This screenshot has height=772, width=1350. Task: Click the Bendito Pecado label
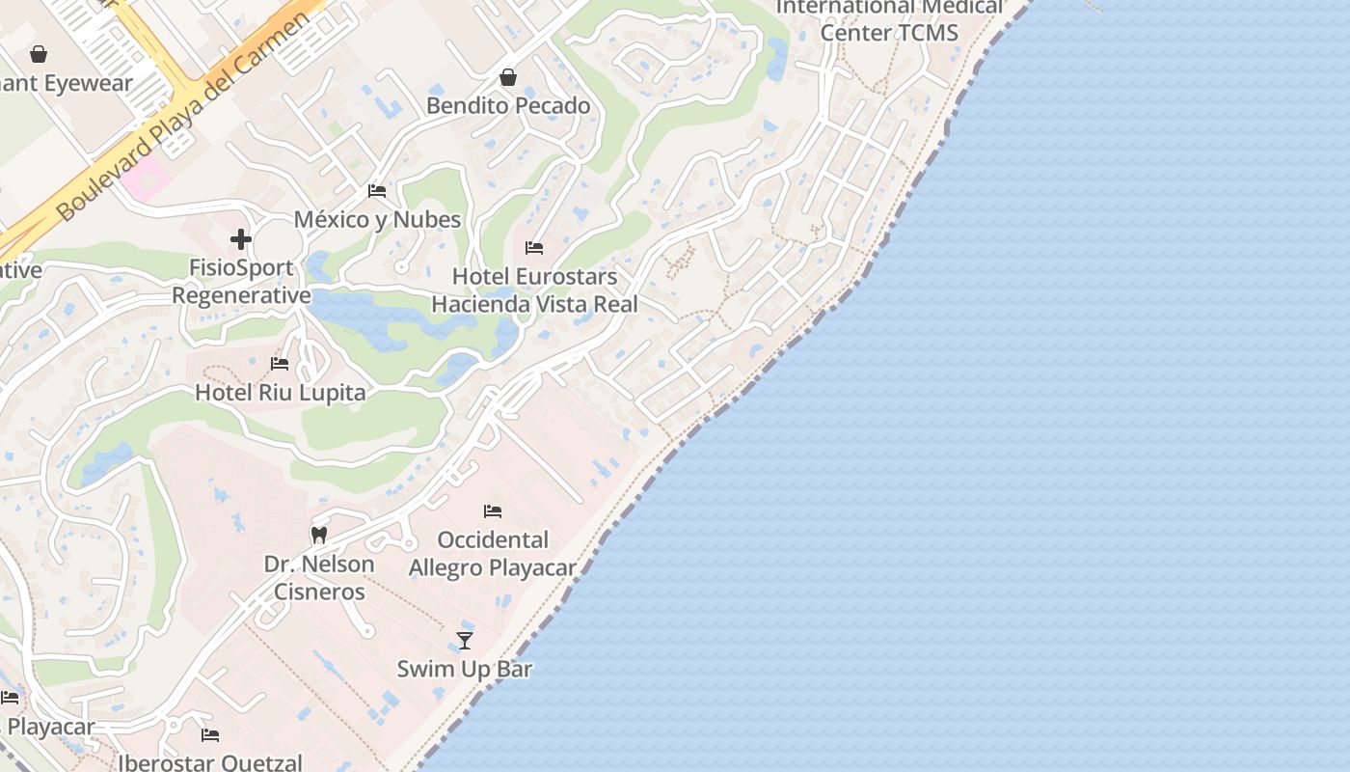(x=508, y=105)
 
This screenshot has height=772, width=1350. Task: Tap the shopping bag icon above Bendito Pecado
(x=508, y=77)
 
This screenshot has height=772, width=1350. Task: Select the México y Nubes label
(x=377, y=219)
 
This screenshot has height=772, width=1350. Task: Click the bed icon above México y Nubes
(x=377, y=191)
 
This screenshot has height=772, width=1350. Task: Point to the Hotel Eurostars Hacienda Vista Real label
(x=534, y=290)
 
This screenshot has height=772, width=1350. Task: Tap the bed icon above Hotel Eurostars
(x=534, y=248)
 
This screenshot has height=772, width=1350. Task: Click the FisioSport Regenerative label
(x=241, y=281)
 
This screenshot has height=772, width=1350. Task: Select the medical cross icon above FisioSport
(x=241, y=238)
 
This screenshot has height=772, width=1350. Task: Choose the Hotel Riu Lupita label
(x=280, y=393)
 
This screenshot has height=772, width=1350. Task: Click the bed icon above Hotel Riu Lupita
(x=280, y=364)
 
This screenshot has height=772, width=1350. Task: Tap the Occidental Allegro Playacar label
(x=493, y=553)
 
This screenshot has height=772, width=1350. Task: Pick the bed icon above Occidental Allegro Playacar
(x=493, y=510)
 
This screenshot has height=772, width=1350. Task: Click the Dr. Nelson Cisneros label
(x=319, y=577)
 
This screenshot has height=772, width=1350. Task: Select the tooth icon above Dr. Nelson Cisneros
(x=319, y=535)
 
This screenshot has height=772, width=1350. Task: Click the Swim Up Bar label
(x=465, y=669)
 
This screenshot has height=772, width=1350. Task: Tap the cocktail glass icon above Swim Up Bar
(x=465, y=640)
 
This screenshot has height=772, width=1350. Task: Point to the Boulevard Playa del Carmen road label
(x=188, y=116)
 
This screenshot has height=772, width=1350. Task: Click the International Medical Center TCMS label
(x=889, y=20)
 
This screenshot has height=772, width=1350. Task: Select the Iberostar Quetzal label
(x=210, y=762)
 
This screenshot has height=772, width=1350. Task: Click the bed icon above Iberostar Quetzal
(x=210, y=735)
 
